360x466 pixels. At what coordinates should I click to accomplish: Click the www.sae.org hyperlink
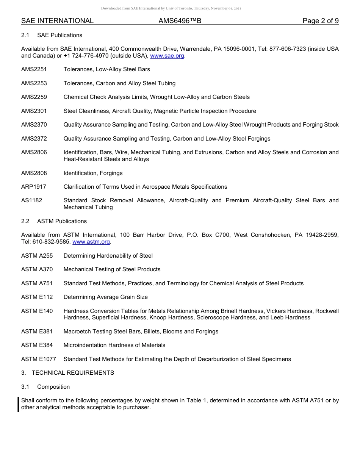coord(167,56)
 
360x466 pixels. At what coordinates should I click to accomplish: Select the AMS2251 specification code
coord(34,69)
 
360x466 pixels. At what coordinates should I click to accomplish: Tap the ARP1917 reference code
coord(34,187)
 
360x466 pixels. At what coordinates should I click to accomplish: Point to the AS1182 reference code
coord(32,200)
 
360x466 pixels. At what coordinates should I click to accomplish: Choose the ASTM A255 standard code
coord(37,256)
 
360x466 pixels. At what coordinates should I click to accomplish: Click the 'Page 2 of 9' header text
coord(320,21)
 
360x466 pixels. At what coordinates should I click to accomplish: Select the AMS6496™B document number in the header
coord(180,21)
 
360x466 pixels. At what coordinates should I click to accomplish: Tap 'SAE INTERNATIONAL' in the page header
coord(57,21)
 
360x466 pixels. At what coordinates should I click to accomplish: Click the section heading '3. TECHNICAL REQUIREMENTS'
coord(67,373)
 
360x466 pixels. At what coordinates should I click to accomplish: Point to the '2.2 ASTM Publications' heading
coord(54,221)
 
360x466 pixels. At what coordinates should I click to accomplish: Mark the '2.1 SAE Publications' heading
coord(52,35)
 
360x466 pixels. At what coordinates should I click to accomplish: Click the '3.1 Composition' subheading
coord(45,387)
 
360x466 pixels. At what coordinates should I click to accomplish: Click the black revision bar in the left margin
coord(19,404)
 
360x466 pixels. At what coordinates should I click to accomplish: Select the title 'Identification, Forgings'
coord(93,173)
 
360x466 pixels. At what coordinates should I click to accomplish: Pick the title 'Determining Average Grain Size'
coord(105,297)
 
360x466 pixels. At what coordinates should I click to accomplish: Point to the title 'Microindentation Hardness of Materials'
coord(114,345)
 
